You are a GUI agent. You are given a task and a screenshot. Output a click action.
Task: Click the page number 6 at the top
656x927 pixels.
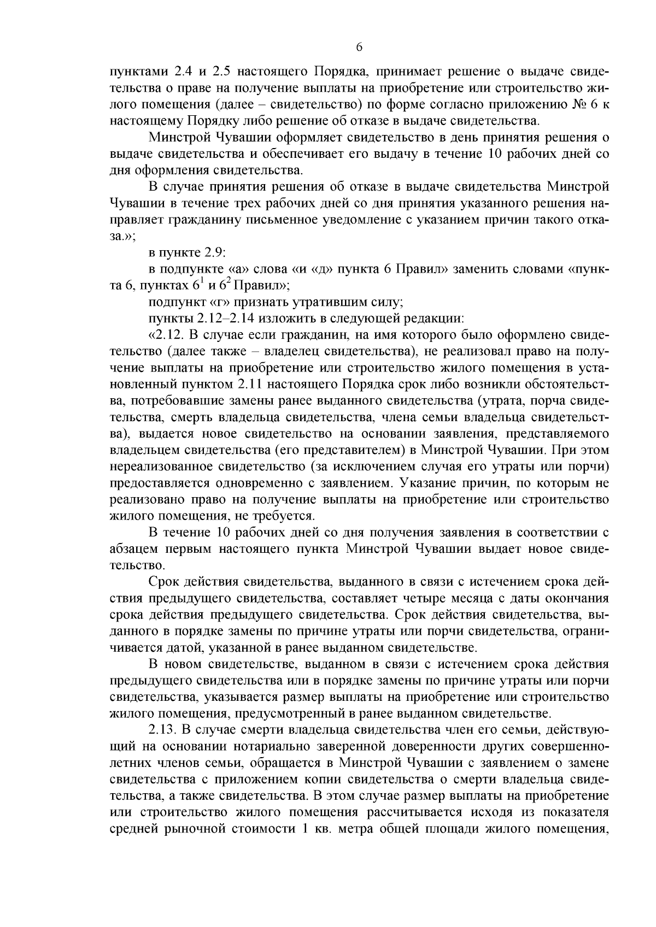(x=359, y=48)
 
